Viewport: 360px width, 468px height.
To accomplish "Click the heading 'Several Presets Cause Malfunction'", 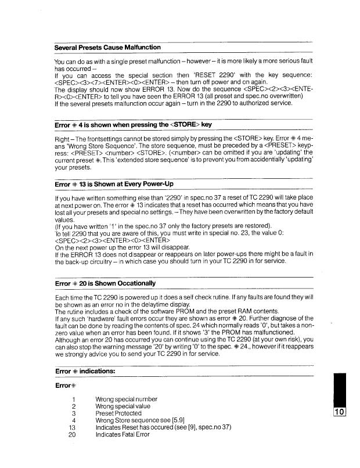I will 107,46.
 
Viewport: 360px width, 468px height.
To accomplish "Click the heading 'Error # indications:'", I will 84,369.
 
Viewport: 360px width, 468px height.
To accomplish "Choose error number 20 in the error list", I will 73,434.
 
